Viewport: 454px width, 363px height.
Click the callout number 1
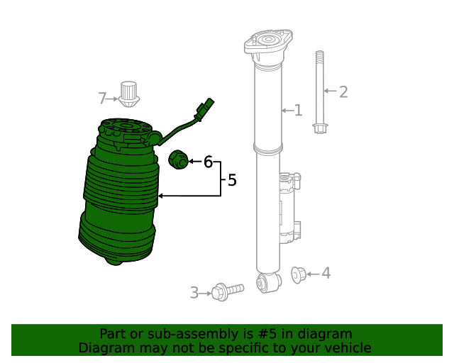coord(298,111)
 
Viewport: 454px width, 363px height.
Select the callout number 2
coord(343,91)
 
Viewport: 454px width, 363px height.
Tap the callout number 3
coord(194,293)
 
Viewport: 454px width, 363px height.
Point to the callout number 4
coord(326,273)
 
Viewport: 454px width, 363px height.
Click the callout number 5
coord(231,180)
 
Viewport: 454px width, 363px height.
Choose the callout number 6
coord(208,162)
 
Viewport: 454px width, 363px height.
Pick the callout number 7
coord(102,98)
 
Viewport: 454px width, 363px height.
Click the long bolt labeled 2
coord(320,92)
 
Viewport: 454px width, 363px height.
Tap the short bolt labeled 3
coord(226,290)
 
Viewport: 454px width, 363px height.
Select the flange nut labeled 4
coord(299,274)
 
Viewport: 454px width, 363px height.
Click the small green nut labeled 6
coord(178,160)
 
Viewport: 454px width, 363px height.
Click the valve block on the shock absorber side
coord(289,209)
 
